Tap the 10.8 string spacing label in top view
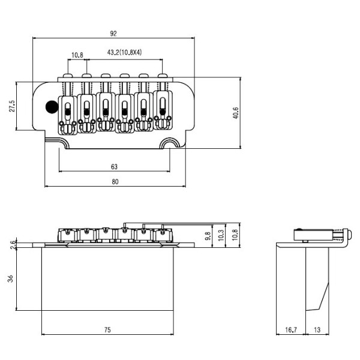pos(77,55)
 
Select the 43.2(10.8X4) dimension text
pos(124,53)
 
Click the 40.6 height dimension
pos(236,112)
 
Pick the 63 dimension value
pos(115,166)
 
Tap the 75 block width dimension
pos(107,329)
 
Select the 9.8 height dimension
pos(208,235)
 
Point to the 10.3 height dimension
pos(221,235)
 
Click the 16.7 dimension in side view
pos(290,329)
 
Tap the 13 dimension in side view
pos(318,329)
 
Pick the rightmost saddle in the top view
pos(162,108)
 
